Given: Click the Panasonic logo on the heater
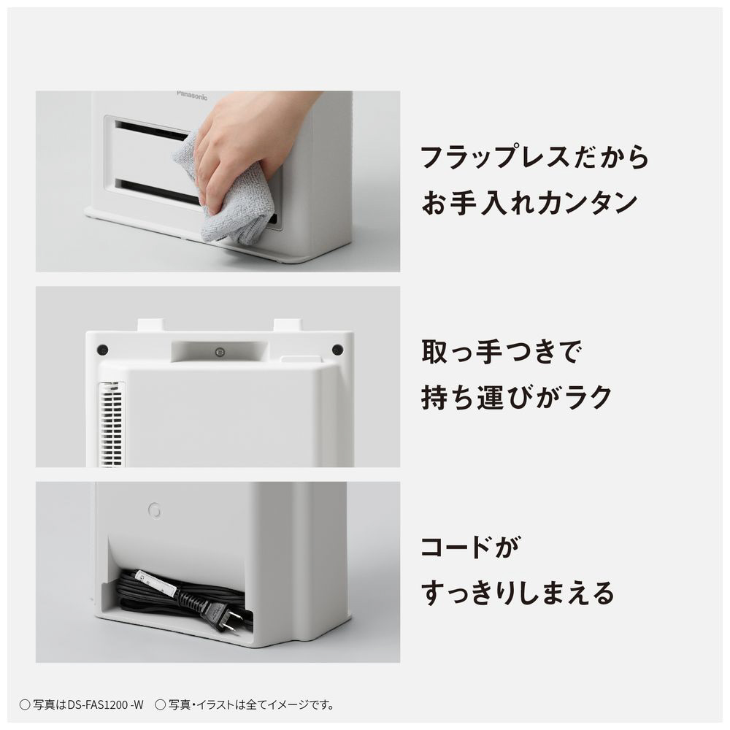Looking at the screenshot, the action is coord(192,96).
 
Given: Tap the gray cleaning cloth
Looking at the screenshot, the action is coord(223,196).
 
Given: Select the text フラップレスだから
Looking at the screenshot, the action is coord(535,157).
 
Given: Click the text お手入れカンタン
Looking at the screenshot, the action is coord(529,204).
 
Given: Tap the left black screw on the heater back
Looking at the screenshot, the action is coord(103,350).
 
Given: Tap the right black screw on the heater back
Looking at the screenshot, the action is coord(337,349).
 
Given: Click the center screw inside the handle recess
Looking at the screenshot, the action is coord(220,353).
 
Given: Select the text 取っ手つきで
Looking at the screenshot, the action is coord(501,352).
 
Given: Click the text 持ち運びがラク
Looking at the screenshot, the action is coord(516,398).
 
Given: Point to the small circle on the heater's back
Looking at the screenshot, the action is coord(155,511).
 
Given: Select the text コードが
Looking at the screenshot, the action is coord(469,547).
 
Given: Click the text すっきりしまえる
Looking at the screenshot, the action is coord(518,593).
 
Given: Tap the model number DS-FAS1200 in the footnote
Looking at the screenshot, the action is coord(99,704).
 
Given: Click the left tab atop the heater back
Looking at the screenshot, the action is coord(150,325).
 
